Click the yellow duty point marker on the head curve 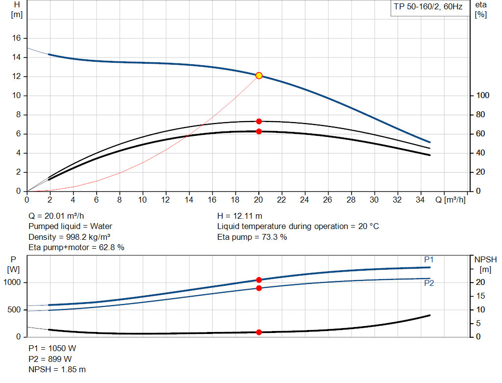[x=259, y=76]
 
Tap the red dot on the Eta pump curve [x=259, y=121]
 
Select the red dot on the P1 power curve [x=259, y=280]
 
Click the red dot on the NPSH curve [x=259, y=332]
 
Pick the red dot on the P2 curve [x=259, y=288]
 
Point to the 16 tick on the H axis [x=16, y=38]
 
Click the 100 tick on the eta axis [x=482, y=96]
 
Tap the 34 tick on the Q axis [x=421, y=200]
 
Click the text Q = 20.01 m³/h [x=60, y=216]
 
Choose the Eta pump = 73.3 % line [x=252, y=237]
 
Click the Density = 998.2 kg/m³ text [x=69, y=237]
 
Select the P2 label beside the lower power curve [x=429, y=283]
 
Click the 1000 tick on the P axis [x=13, y=282]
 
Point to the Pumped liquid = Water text [x=71, y=227]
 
